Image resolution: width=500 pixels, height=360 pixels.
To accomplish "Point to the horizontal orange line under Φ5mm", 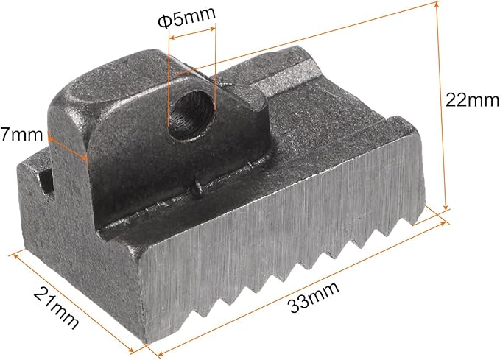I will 191,30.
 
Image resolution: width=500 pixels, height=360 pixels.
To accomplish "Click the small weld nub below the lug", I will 197,189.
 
